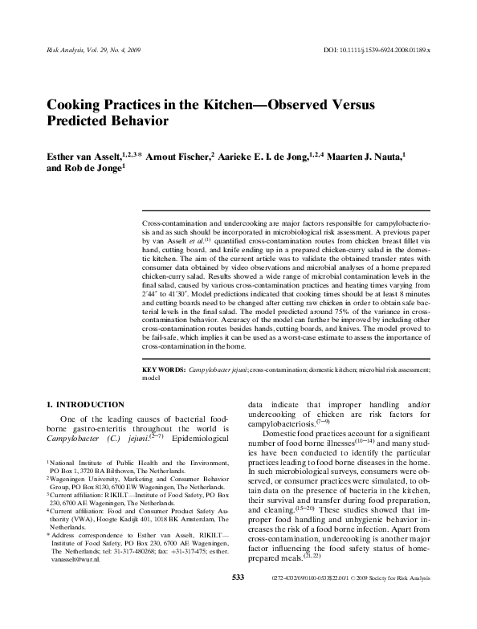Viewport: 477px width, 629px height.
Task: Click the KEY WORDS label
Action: (163, 370)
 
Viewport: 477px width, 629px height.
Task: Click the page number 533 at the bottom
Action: (238, 623)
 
